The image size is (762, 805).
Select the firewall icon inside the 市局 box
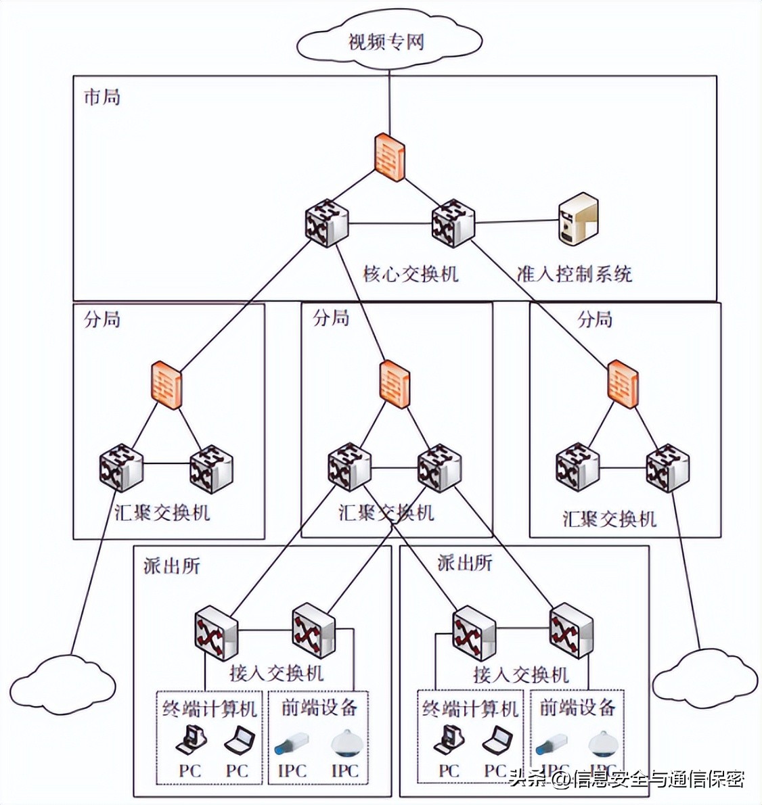tap(390, 157)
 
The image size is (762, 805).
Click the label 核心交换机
tap(410, 274)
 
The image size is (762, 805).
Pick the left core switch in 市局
tap(327, 223)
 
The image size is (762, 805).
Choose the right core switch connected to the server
tap(453, 223)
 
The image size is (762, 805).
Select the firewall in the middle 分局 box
tap(395, 384)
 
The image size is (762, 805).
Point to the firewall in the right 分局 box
tap(623, 384)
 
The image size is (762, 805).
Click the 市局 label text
tap(102, 97)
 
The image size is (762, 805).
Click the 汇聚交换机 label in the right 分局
tap(609, 519)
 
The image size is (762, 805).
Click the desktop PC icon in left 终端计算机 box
tap(190, 739)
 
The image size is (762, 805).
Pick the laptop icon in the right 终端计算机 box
tap(497, 739)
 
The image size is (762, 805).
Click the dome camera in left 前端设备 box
tap(345, 743)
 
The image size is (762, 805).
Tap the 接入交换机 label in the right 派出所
tap(520, 674)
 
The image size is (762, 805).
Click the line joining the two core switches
tap(390, 224)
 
